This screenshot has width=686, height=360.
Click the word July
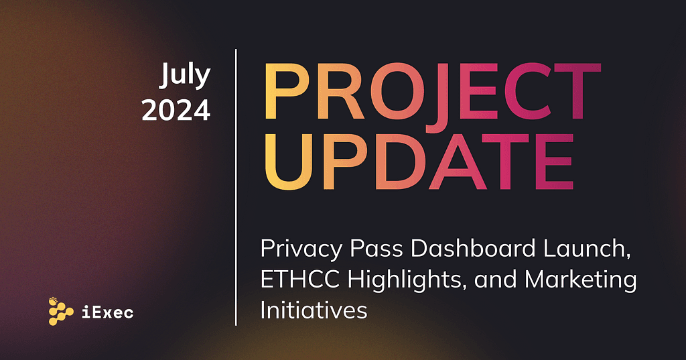pyautogui.click(x=185, y=76)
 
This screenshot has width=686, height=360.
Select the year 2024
pyautogui.click(x=176, y=111)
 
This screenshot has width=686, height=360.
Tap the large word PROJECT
pyautogui.click(x=432, y=93)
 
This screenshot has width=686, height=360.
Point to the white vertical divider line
pyautogui.click(x=236, y=187)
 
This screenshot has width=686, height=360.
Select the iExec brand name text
pyautogui.click(x=108, y=312)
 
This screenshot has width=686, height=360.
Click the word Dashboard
pyautogui.click(x=473, y=249)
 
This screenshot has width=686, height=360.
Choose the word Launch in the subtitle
pyautogui.click(x=587, y=249)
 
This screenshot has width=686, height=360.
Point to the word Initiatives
pyautogui.click(x=314, y=310)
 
